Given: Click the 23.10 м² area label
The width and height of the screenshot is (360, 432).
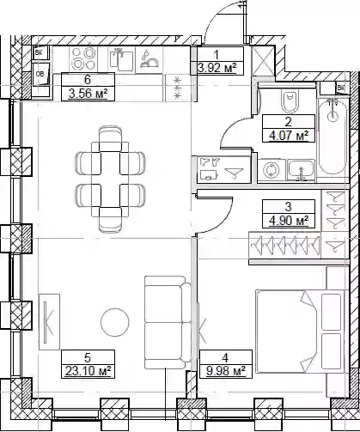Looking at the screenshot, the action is [x=88, y=371].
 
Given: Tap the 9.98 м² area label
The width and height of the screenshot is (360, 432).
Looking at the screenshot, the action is [x=226, y=371].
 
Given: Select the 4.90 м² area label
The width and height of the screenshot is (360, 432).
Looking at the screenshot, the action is [x=289, y=221].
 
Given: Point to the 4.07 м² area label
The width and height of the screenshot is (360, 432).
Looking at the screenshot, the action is [x=289, y=135].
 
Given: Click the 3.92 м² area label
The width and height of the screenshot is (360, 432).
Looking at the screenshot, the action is [x=217, y=68].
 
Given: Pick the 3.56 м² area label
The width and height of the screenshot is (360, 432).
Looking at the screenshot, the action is [x=88, y=94].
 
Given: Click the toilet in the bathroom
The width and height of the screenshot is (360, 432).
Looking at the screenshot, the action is [x=290, y=101].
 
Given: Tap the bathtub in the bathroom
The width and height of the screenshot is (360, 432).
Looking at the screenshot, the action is [x=333, y=136].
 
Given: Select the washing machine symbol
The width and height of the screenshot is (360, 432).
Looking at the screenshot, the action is [x=272, y=171].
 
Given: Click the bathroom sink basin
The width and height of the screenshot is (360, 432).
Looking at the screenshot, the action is [x=302, y=170].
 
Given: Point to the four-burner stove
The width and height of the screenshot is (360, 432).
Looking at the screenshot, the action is [x=83, y=58].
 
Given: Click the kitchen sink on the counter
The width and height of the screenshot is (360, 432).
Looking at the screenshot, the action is [x=121, y=60].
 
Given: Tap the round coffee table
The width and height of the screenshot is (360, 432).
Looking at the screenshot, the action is [x=115, y=322].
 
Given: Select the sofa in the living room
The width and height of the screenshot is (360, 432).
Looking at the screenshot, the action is [x=168, y=322].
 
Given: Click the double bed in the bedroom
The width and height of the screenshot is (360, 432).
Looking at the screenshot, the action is [x=300, y=332].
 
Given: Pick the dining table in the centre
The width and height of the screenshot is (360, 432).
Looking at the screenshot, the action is [x=110, y=179].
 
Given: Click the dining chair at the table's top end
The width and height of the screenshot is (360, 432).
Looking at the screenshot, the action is [x=110, y=138].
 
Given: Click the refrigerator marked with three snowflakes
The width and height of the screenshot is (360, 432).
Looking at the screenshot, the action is [x=178, y=88].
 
